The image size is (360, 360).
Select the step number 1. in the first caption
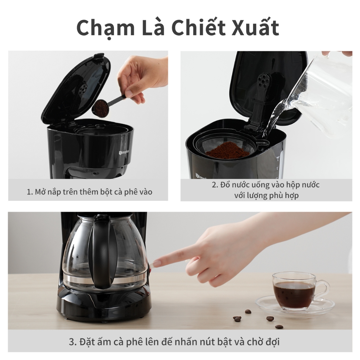[x=30, y=192]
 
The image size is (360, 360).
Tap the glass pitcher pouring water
[x=321, y=94]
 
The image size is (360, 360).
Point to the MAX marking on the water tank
[x=278, y=157]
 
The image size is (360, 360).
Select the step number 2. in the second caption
[x=215, y=185]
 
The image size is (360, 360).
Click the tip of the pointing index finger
[x=154, y=264]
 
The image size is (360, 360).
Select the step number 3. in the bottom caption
[x=73, y=342]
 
